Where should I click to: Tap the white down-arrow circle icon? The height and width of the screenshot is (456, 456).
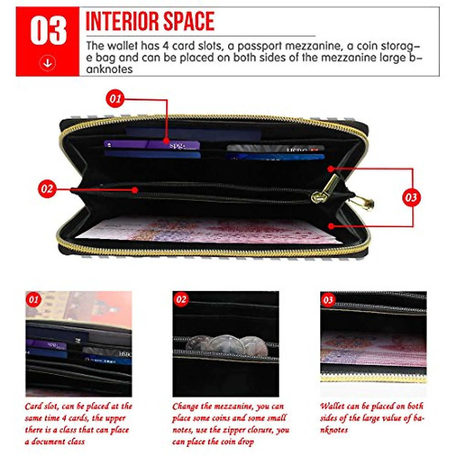click(47, 63)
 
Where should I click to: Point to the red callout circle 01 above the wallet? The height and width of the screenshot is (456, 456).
click(115, 99)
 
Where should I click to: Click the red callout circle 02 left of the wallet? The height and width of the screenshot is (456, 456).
click(47, 189)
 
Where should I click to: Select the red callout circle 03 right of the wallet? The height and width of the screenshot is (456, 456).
click(411, 198)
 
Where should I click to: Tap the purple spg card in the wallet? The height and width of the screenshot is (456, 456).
click(152, 145)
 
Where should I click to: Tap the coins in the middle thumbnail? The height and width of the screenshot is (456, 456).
click(224, 344)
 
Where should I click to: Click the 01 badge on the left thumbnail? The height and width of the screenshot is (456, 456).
click(34, 299)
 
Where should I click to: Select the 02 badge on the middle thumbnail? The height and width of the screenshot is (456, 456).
click(181, 299)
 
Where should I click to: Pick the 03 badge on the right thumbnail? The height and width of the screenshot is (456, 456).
click(328, 300)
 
